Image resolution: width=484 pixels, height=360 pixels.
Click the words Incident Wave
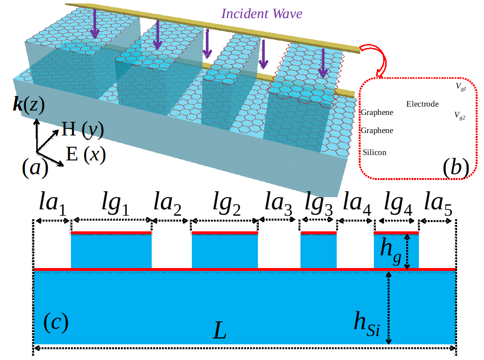pos(262,14)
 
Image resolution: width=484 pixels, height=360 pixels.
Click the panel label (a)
pos(35,168)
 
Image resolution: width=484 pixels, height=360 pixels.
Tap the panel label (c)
pos(55,323)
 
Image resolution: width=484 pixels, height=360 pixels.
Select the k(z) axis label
pos(28,106)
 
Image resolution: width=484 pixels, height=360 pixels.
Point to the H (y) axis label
pos(83,130)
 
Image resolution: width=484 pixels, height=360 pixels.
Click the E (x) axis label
pos(86,155)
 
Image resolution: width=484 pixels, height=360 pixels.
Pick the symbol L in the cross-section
pos(220,332)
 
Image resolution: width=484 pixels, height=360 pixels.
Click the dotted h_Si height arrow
pos(389,308)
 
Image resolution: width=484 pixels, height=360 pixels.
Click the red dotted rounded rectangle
pos(418,128)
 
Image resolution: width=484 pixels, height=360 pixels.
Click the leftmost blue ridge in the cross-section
pos(111,250)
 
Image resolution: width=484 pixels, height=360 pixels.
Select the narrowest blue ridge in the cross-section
pos(318,250)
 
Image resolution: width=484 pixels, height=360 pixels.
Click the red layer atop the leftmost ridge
pos(111,233)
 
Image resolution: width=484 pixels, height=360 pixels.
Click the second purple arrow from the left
pos(157,35)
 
